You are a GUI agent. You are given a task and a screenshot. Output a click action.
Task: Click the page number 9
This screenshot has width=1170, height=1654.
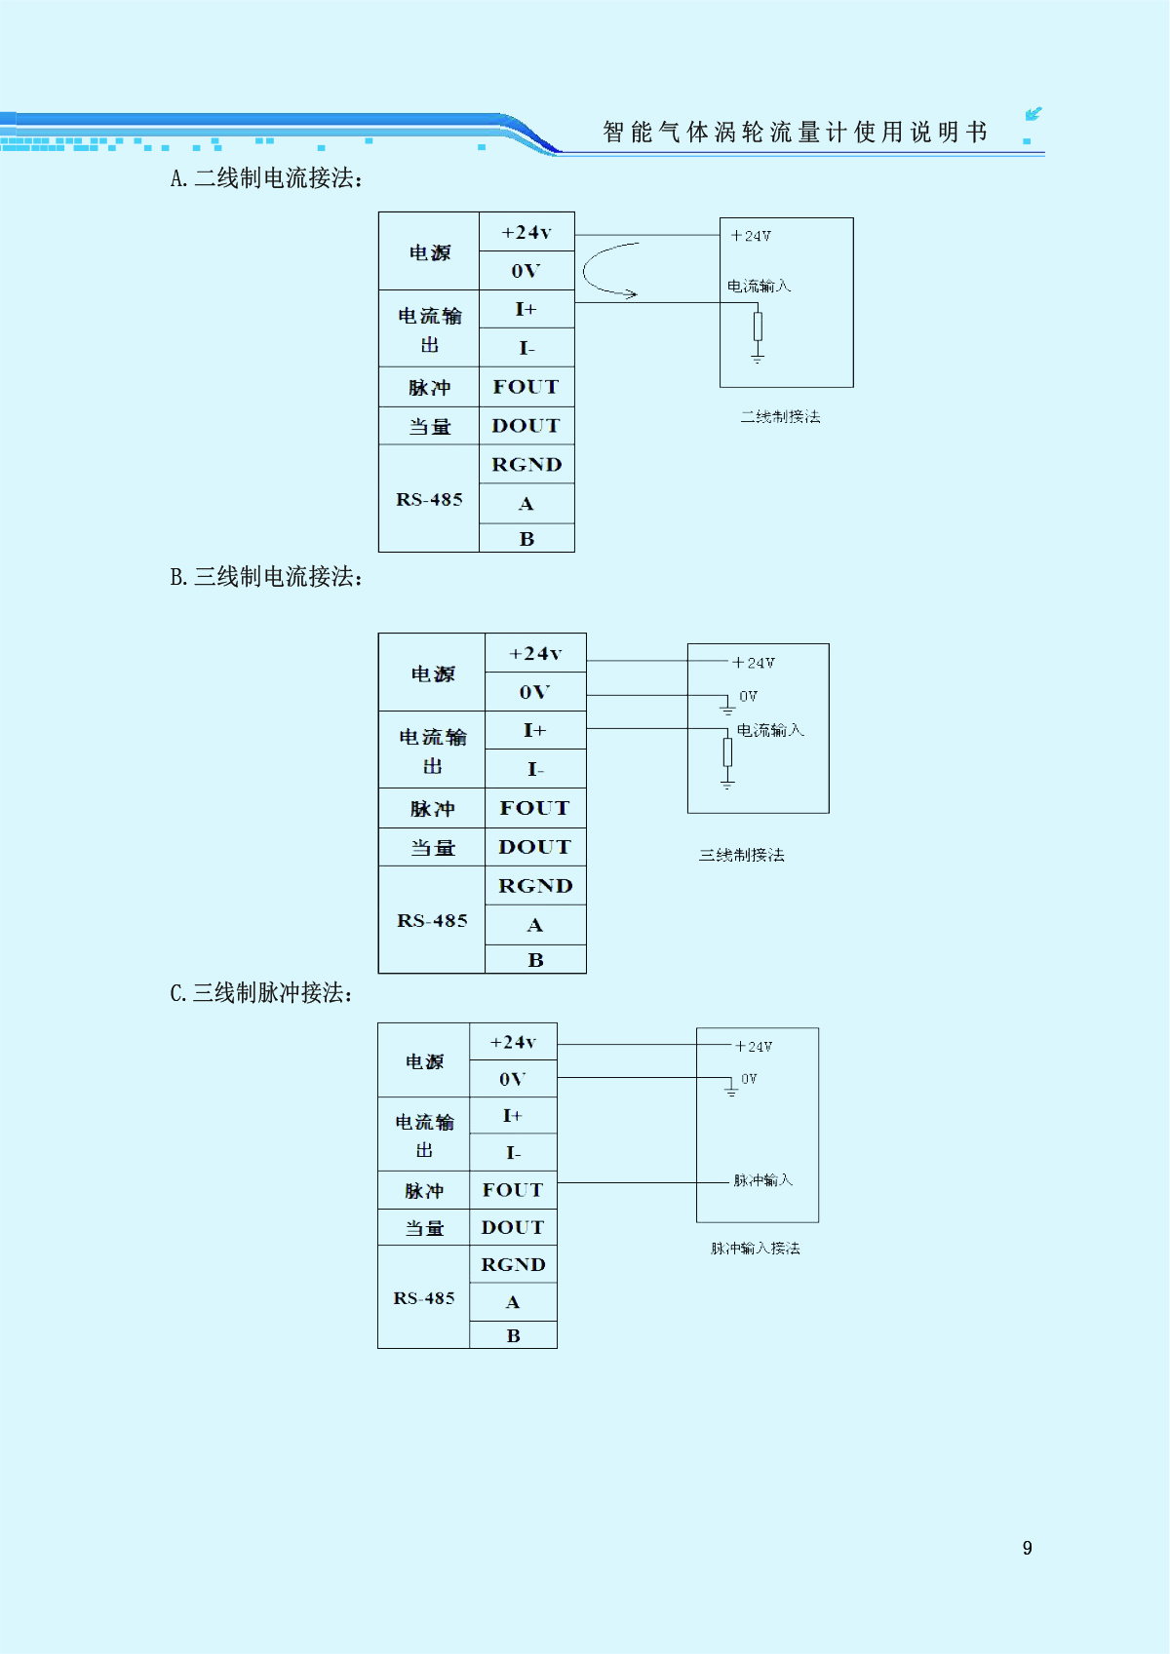(1027, 1548)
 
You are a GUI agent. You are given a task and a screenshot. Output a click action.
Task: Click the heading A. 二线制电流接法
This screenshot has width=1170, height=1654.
(266, 178)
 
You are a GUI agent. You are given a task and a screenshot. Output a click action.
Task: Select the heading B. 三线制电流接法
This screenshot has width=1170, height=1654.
(266, 577)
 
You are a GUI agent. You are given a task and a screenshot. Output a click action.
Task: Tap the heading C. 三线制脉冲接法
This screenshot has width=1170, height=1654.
(261, 993)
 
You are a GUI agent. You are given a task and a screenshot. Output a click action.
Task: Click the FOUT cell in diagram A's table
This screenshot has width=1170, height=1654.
(526, 387)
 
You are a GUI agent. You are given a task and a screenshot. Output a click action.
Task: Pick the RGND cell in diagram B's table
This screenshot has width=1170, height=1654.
(535, 886)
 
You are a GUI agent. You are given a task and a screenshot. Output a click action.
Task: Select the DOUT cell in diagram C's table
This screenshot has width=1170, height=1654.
(513, 1227)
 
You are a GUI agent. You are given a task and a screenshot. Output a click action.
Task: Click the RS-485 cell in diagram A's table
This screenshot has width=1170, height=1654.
(429, 499)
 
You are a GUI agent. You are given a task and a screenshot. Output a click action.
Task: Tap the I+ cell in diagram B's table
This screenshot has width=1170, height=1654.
(535, 730)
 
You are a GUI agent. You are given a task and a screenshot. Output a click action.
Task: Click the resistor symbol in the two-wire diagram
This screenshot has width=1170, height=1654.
(758, 326)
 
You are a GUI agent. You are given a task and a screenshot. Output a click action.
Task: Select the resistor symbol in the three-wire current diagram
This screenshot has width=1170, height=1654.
(727, 751)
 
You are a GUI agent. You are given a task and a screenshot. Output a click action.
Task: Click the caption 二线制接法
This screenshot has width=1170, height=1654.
(780, 417)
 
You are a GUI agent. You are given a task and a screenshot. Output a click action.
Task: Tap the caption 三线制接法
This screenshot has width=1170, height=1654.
(741, 856)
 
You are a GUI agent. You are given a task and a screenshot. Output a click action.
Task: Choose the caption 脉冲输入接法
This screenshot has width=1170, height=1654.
(755, 1249)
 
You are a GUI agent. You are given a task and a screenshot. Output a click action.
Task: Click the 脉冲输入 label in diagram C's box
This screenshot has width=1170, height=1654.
(762, 1180)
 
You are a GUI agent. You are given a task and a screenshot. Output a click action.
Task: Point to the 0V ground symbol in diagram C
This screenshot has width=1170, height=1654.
(731, 1089)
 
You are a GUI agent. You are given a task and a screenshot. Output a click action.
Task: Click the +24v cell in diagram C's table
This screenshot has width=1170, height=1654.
(513, 1042)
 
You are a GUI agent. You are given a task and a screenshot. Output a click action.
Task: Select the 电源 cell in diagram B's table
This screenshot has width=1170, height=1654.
(432, 673)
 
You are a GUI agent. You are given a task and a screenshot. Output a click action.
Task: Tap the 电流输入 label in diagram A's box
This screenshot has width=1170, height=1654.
(759, 286)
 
